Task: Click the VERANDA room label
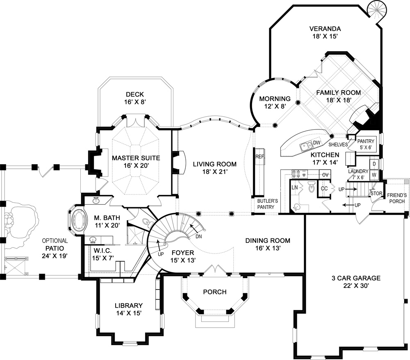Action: click(325, 32)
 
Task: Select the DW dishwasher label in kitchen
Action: click(316, 143)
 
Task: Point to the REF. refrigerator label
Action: click(259, 156)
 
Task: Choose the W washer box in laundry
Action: click(374, 174)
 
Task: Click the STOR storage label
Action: click(376, 193)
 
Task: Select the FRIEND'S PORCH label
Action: click(396, 198)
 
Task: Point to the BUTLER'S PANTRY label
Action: click(268, 204)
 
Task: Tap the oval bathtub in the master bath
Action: click(79, 222)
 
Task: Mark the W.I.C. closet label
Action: click(102, 253)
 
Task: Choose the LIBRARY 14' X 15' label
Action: click(128, 309)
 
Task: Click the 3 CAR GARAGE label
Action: click(356, 282)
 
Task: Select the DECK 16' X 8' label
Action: click(135, 98)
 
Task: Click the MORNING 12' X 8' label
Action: click(275, 102)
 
